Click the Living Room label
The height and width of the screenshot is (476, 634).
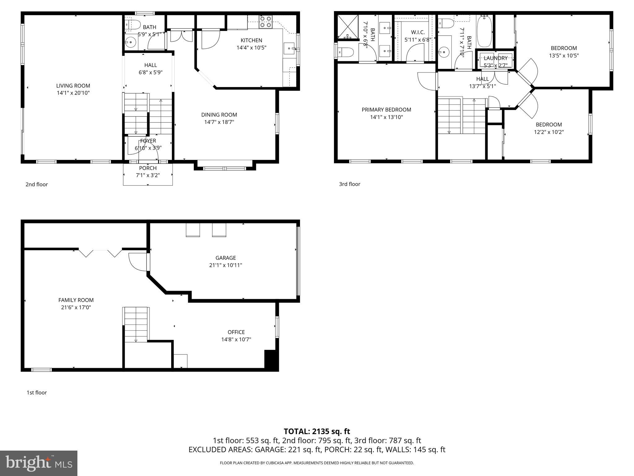[73, 86]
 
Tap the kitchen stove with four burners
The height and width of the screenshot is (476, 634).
[266, 22]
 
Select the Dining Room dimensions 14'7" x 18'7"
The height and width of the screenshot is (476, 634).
[219, 122]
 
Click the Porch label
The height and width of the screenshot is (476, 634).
[148, 168]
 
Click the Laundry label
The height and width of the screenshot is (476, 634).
[495, 58]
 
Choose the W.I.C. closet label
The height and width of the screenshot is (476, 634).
[418, 32]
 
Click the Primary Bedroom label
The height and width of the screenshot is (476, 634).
[386, 110]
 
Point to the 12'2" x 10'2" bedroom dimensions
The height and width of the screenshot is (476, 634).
[549, 132]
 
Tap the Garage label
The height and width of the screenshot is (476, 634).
[226, 258]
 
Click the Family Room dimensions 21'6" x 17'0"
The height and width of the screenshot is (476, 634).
[76, 307]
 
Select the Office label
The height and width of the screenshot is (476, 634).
[236, 332]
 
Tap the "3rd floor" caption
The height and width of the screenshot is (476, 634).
[350, 184]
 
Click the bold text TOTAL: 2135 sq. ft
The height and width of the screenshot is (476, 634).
[317, 431]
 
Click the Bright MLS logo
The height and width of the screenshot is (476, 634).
[39, 463]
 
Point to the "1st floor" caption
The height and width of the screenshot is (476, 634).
[37, 393]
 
